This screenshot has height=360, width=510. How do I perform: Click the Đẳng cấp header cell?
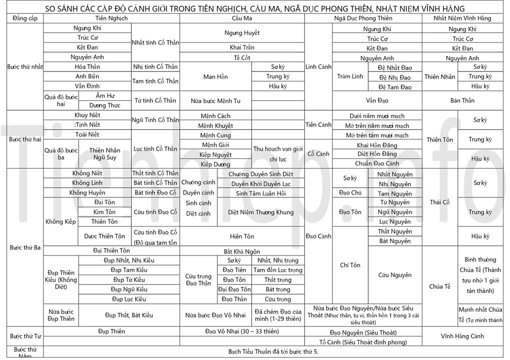click(25, 18)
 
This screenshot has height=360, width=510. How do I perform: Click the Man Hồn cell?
click(215, 76)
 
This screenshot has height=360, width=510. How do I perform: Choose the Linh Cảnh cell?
click(318, 66)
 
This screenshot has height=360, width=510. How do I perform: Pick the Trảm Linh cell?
click(350, 76)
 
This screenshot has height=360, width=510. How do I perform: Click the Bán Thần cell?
click(462, 100)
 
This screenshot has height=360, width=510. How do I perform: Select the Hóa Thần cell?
click(87, 66)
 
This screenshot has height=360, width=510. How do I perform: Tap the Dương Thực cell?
click(105, 105)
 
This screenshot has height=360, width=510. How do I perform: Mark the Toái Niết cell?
click(87, 134)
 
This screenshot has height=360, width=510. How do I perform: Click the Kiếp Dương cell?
click(215, 164)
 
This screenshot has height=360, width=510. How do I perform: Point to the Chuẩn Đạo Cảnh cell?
click(377, 163)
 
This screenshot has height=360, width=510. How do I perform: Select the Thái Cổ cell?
click(439, 202)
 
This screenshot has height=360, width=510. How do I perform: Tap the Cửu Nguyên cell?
click(395, 275)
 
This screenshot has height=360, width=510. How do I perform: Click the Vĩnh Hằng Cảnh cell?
click(462, 336)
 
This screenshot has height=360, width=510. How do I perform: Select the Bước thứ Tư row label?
click(25, 336)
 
